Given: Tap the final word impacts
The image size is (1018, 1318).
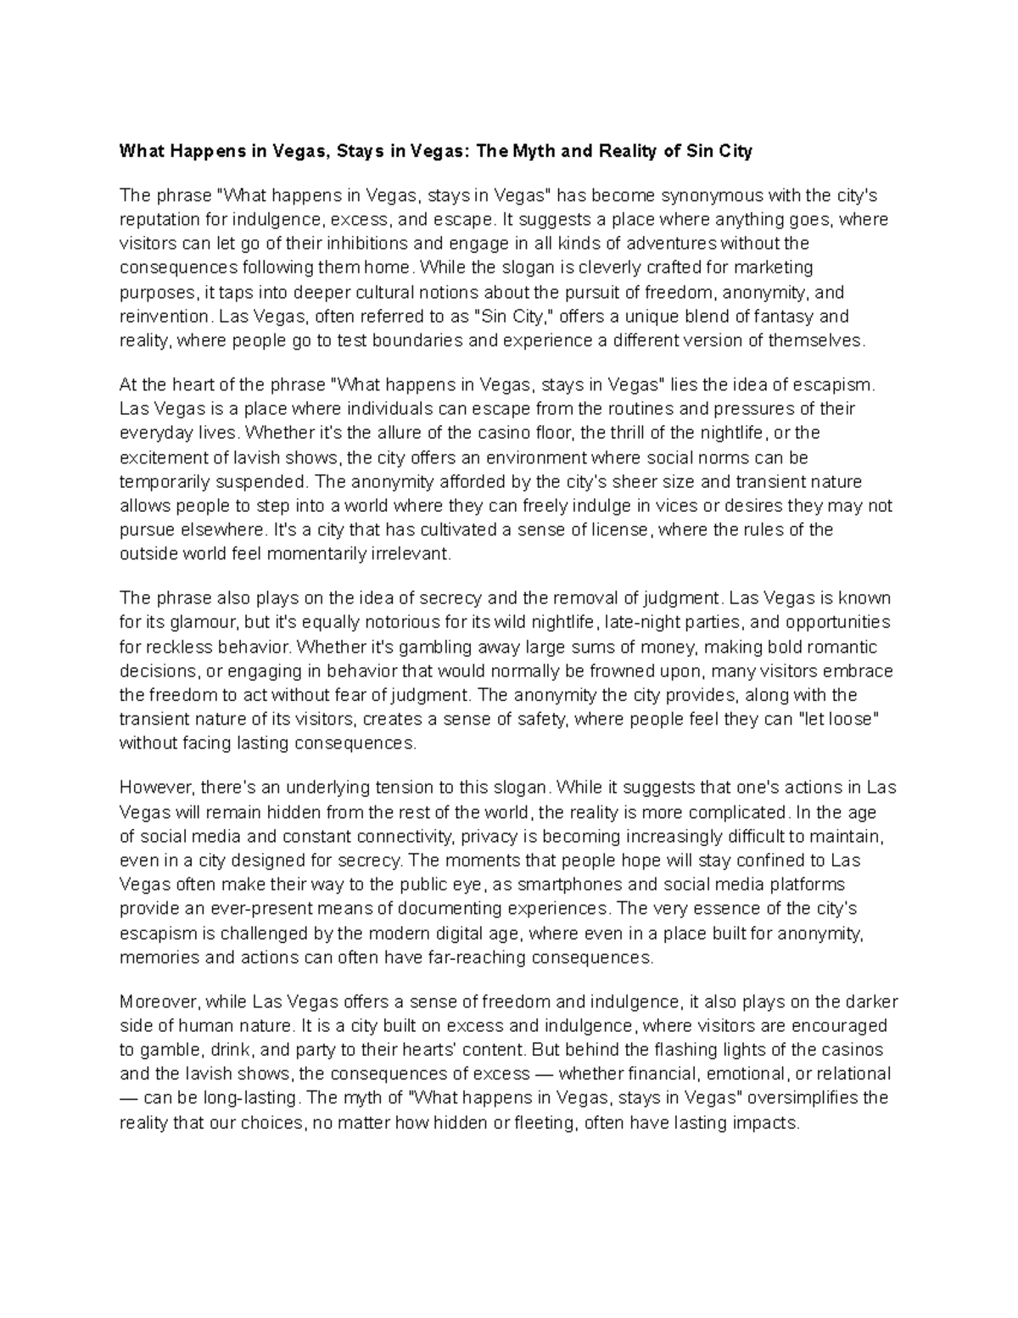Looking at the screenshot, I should tap(767, 1123).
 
